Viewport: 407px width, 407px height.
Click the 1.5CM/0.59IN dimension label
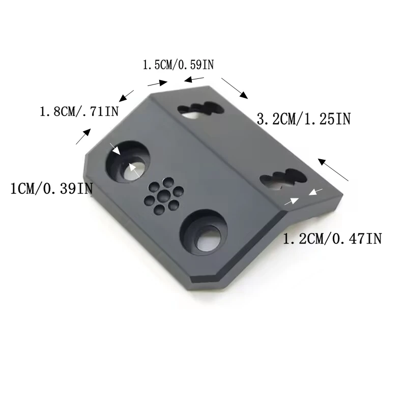click(179, 65)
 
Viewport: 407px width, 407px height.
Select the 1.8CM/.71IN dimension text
click(79, 111)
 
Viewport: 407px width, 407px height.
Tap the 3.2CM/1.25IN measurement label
click(304, 119)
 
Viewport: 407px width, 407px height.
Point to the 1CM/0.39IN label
click(51, 188)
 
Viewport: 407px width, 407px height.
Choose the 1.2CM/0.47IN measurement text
click(332, 239)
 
